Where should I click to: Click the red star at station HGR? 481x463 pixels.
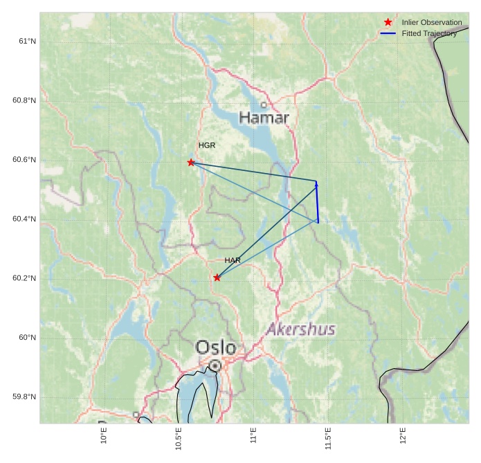point(191,163)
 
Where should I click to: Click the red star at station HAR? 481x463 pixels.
point(217,278)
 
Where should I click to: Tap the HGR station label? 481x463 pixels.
point(207,145)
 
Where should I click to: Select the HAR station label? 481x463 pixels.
point(233,260)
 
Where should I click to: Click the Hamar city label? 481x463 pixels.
point(264,118)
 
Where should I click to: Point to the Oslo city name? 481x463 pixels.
point(216,347)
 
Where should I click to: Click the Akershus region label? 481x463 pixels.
point(301,329)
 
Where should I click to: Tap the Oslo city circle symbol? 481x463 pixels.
point(215,365)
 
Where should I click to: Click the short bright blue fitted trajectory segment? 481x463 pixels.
point(317,202)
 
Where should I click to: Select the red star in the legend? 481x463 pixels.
point(388,22)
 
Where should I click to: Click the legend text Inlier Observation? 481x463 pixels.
point(432,23)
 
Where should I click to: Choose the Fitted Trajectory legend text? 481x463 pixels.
point(429,33)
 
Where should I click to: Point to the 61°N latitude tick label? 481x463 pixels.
point(27,42)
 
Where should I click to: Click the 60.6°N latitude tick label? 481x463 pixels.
point(24,160)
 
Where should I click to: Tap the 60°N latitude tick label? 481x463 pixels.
point(27,338)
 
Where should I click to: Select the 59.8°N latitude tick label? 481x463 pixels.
point(24,397)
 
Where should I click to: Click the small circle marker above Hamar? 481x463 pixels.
point(264,105)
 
